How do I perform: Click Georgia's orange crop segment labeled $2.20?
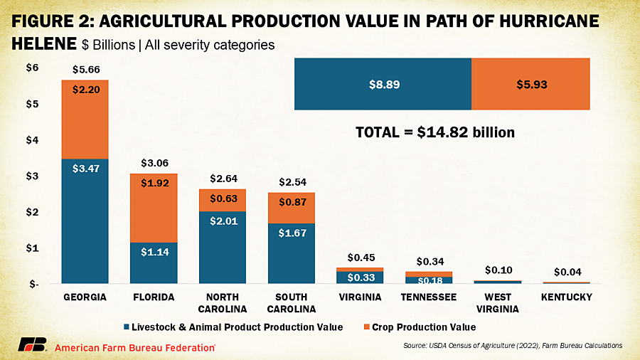pos(85,119)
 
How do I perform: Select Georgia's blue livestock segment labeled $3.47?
pos(85,221)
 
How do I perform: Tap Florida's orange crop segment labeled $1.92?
pos(154,208)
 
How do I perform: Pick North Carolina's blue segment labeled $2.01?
pos(222,247)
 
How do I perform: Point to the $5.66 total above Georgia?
pos(85,70)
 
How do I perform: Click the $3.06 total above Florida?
pos(154,164)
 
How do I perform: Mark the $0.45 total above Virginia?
pos(359,258)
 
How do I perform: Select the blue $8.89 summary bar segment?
pos(383,84)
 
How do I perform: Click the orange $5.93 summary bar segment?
pos(530,84)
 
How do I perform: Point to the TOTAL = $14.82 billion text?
pos(434,132)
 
